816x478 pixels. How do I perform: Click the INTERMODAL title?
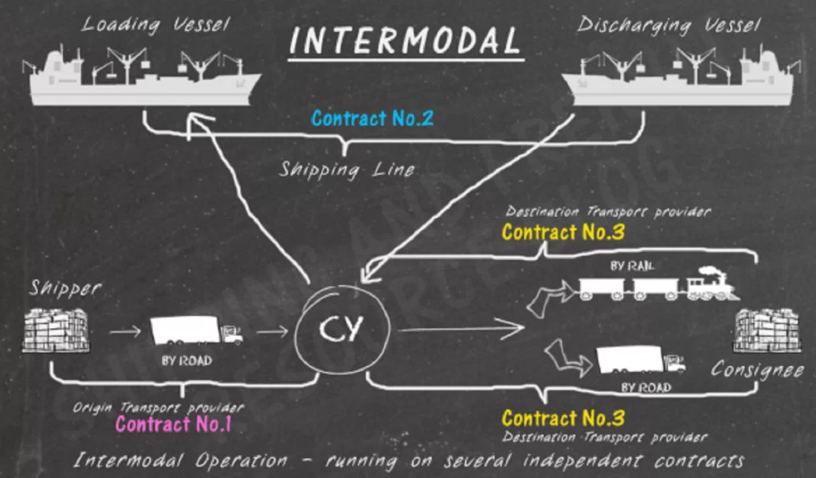(405, 40)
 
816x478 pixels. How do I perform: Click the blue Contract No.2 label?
(372, 119)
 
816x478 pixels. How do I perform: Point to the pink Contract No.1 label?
(173, 424)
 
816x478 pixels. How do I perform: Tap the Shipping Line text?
(347, 169)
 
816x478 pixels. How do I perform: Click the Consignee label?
(757, 369)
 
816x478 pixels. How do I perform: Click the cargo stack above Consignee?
(766, 330)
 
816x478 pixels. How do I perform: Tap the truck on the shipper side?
(196, 330)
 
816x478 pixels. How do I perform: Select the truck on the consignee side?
(640, 360)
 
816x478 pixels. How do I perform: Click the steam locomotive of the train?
(710, 284)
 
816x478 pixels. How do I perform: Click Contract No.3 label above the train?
(563, 233)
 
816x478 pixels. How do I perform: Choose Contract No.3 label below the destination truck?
(563, 418)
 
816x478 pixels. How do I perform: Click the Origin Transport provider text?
(159, 407)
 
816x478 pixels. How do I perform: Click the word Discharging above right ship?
(634, 25)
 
